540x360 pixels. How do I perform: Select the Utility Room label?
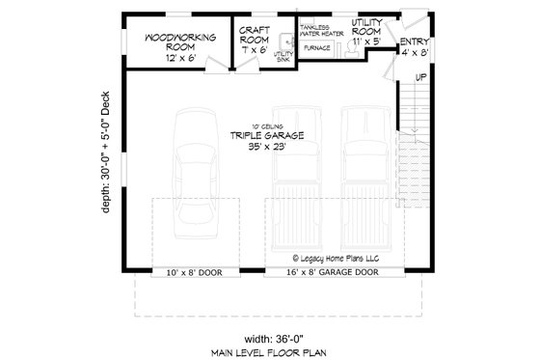tap(367, 27)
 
